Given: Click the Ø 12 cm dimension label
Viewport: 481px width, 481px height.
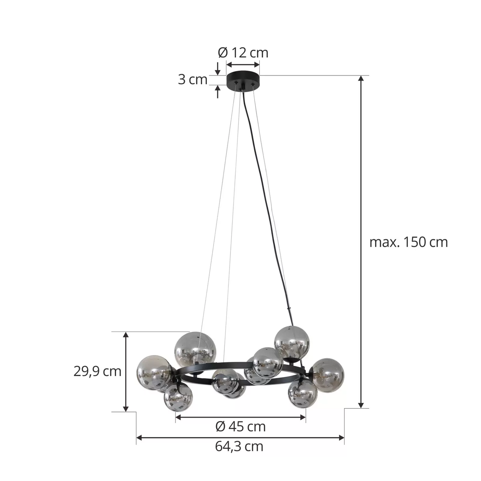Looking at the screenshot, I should pos(243,53).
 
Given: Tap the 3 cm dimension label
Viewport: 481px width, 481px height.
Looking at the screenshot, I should pos(193,80).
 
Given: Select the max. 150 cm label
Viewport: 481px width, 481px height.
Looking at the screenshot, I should pos(409,242).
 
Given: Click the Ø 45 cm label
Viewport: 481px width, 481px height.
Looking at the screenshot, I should pos(240,426).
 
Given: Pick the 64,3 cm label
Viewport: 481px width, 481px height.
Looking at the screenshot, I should pos(239,446).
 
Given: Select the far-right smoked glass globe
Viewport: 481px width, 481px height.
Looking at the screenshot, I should pos(327,374).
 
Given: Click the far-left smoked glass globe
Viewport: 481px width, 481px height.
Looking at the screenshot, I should pos(154,372).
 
